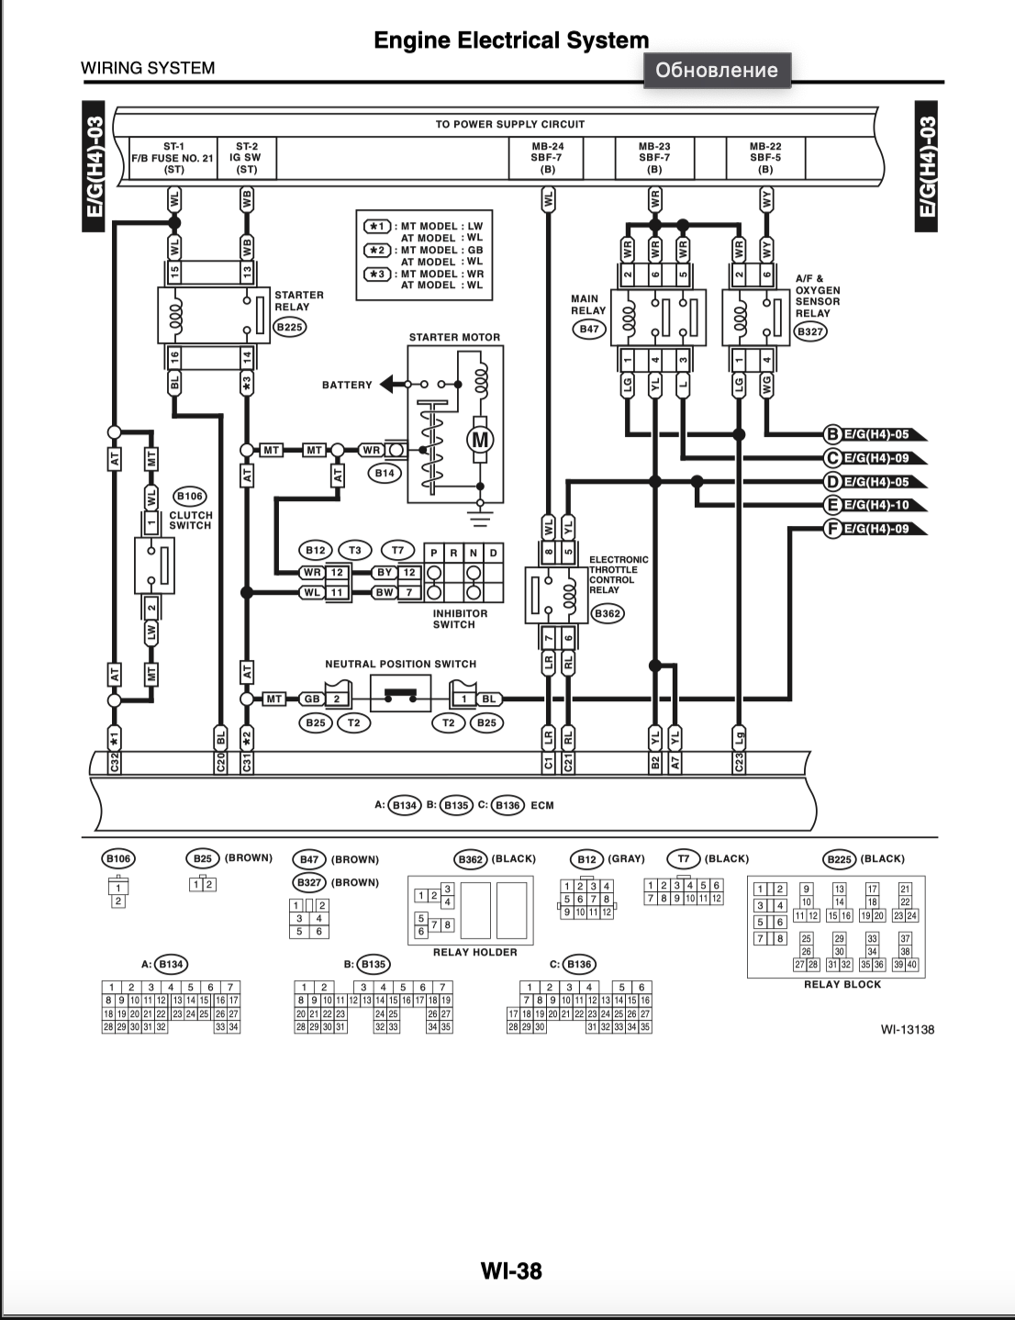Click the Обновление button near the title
tap(717, 71)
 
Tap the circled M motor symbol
tap(480, 439)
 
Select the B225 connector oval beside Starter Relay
tap(290, 327)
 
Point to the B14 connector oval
tap(385, 473)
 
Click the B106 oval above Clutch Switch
tap(189, 497)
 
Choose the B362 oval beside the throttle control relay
tap(608, 613)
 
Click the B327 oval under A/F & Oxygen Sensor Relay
tap(810, 331)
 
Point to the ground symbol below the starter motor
tap(480, 519)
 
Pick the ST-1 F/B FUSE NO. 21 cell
tap(173, 158)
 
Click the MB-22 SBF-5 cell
tap(765, 158)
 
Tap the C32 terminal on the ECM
tap(114, 763)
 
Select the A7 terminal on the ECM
tap(675, 763)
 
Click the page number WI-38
tap(511, 1270)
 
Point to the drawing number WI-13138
tap(908, 1030)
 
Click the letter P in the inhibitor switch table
tap(434, 553)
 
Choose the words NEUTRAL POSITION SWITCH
tap(401, 664)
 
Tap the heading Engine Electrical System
tap(511, 40)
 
